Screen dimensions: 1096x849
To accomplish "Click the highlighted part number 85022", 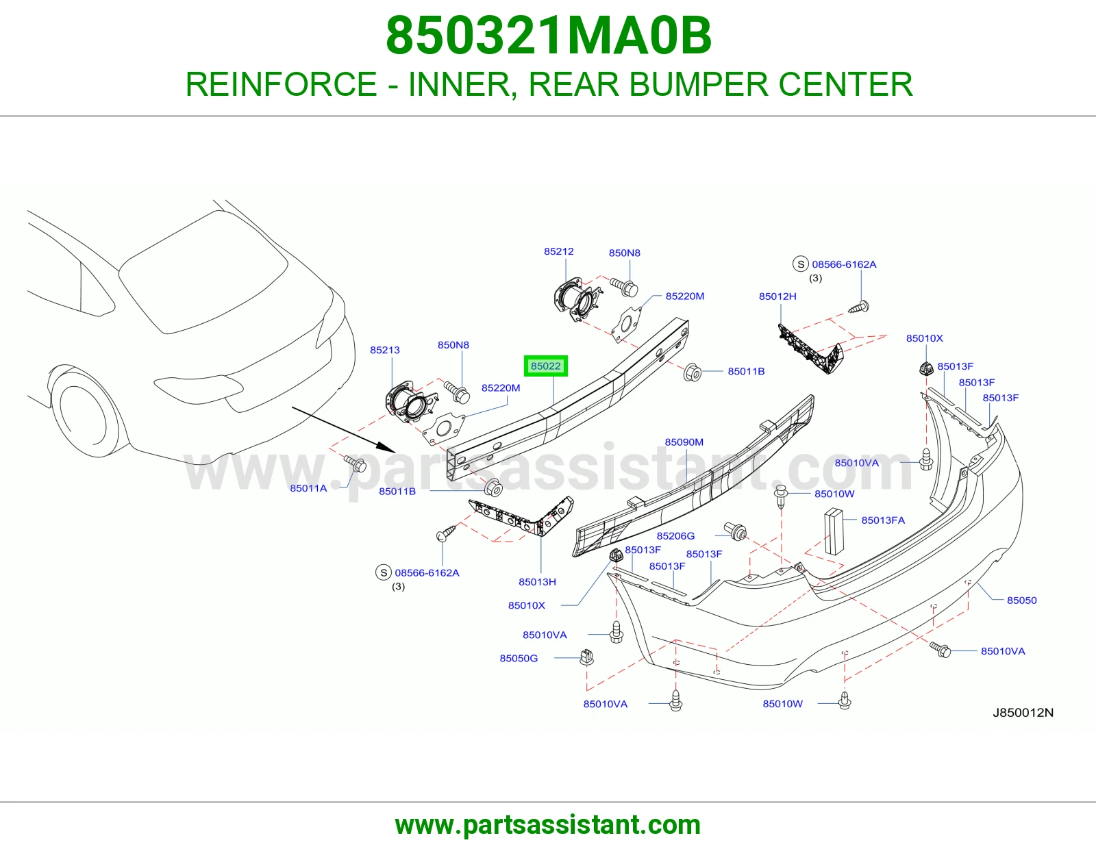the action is click(x=545, y=366).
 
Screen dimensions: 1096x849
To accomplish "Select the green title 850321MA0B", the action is click(x=549, y=36).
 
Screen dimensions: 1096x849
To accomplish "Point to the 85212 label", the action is click(x=558, y=251).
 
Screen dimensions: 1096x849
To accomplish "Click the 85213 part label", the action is click(x=384, y=350).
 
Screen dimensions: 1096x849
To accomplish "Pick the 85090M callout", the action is click(x=684, y=442).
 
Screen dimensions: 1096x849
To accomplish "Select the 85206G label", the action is click(x=675, y=536).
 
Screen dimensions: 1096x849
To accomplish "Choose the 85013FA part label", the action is click(x=883, y=520).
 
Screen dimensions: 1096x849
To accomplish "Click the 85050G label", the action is click(x=519, y=659).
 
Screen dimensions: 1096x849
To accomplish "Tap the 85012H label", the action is click(x=777, y=296).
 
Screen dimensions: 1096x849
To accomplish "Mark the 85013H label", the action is click(x=537, y=582).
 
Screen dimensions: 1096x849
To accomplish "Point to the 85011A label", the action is click(x=308, y=488).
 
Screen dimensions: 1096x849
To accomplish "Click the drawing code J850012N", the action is click(x=1023, y=712).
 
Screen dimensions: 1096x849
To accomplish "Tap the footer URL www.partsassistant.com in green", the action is click(x=548, y=825).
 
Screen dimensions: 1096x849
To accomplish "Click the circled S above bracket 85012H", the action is click(x=801, y=264).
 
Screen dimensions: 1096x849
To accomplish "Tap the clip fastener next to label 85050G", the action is click(x=586, y=657).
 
